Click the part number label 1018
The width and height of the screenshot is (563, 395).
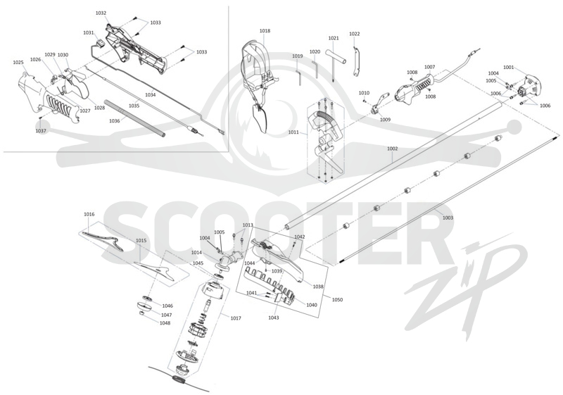pos(265,31)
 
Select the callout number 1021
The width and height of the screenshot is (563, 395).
pos(333,38)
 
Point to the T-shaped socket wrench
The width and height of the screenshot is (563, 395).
pos(336,62)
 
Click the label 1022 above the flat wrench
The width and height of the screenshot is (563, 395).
pos(355,34)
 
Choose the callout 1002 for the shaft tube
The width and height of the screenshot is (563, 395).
pos(393,149)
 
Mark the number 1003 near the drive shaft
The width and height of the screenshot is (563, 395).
pos(448,218)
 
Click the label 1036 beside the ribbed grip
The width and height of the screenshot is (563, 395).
pos(115,121)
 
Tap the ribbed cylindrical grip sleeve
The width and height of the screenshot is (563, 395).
pos(134,118)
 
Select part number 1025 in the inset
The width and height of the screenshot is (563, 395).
pos(18,63)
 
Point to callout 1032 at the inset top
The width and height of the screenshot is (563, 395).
pos(101,13)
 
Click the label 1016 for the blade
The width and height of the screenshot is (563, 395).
pos(89,214)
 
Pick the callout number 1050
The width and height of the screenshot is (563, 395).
pos(337,299)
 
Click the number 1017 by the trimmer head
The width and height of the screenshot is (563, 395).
pos(236,318)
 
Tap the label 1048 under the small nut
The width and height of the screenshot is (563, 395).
pos(165,322)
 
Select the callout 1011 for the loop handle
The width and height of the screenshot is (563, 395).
pos(293,132)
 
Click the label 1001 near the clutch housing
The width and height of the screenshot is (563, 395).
pos(508,67)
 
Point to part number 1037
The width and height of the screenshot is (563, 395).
pos(41,131)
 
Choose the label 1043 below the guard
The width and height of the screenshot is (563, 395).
pos(273,318)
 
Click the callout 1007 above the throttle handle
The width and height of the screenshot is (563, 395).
pos(429,67)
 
